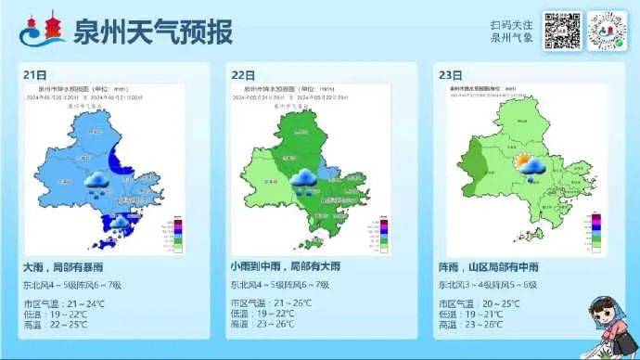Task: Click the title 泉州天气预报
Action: pos(152,32)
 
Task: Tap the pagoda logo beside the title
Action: pos(43,31)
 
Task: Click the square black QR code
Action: pos(562,31)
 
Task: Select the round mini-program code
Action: pos(608,31)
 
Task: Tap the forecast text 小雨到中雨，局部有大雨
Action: pos(294,267)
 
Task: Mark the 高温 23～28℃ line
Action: pos(472,324)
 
